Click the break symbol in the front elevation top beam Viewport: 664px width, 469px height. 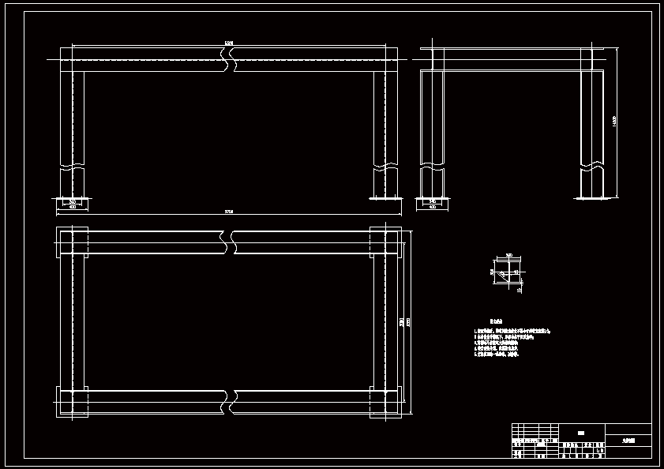tap(230, 59)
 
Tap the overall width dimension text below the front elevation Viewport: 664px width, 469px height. tap(230, 212)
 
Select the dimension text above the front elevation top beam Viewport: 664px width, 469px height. tap(229, 43)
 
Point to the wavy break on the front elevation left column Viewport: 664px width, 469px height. tap(73, 167)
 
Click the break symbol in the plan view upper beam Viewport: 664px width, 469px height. tap(231, 242)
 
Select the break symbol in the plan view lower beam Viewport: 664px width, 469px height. tap(231, 401)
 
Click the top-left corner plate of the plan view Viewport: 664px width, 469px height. tap(72, 242)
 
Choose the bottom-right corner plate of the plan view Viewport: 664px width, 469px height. tap(386, 401)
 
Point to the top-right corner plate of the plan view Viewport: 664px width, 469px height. tap(386, 242)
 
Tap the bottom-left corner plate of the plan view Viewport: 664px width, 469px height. tap(72, 401)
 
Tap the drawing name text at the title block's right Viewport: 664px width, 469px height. tap(628, 441)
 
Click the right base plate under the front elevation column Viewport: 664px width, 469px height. tap(386, 198)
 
